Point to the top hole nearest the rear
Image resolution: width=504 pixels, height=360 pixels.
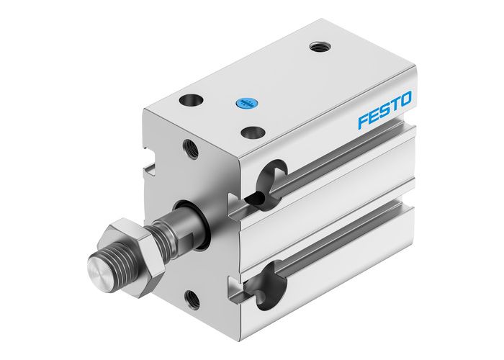tap(318, 48)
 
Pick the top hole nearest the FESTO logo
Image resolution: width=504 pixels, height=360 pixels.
tap(251, 132)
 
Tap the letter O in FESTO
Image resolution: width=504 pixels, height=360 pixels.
tap(406, 98)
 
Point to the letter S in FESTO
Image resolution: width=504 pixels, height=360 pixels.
tap(385, 109)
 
